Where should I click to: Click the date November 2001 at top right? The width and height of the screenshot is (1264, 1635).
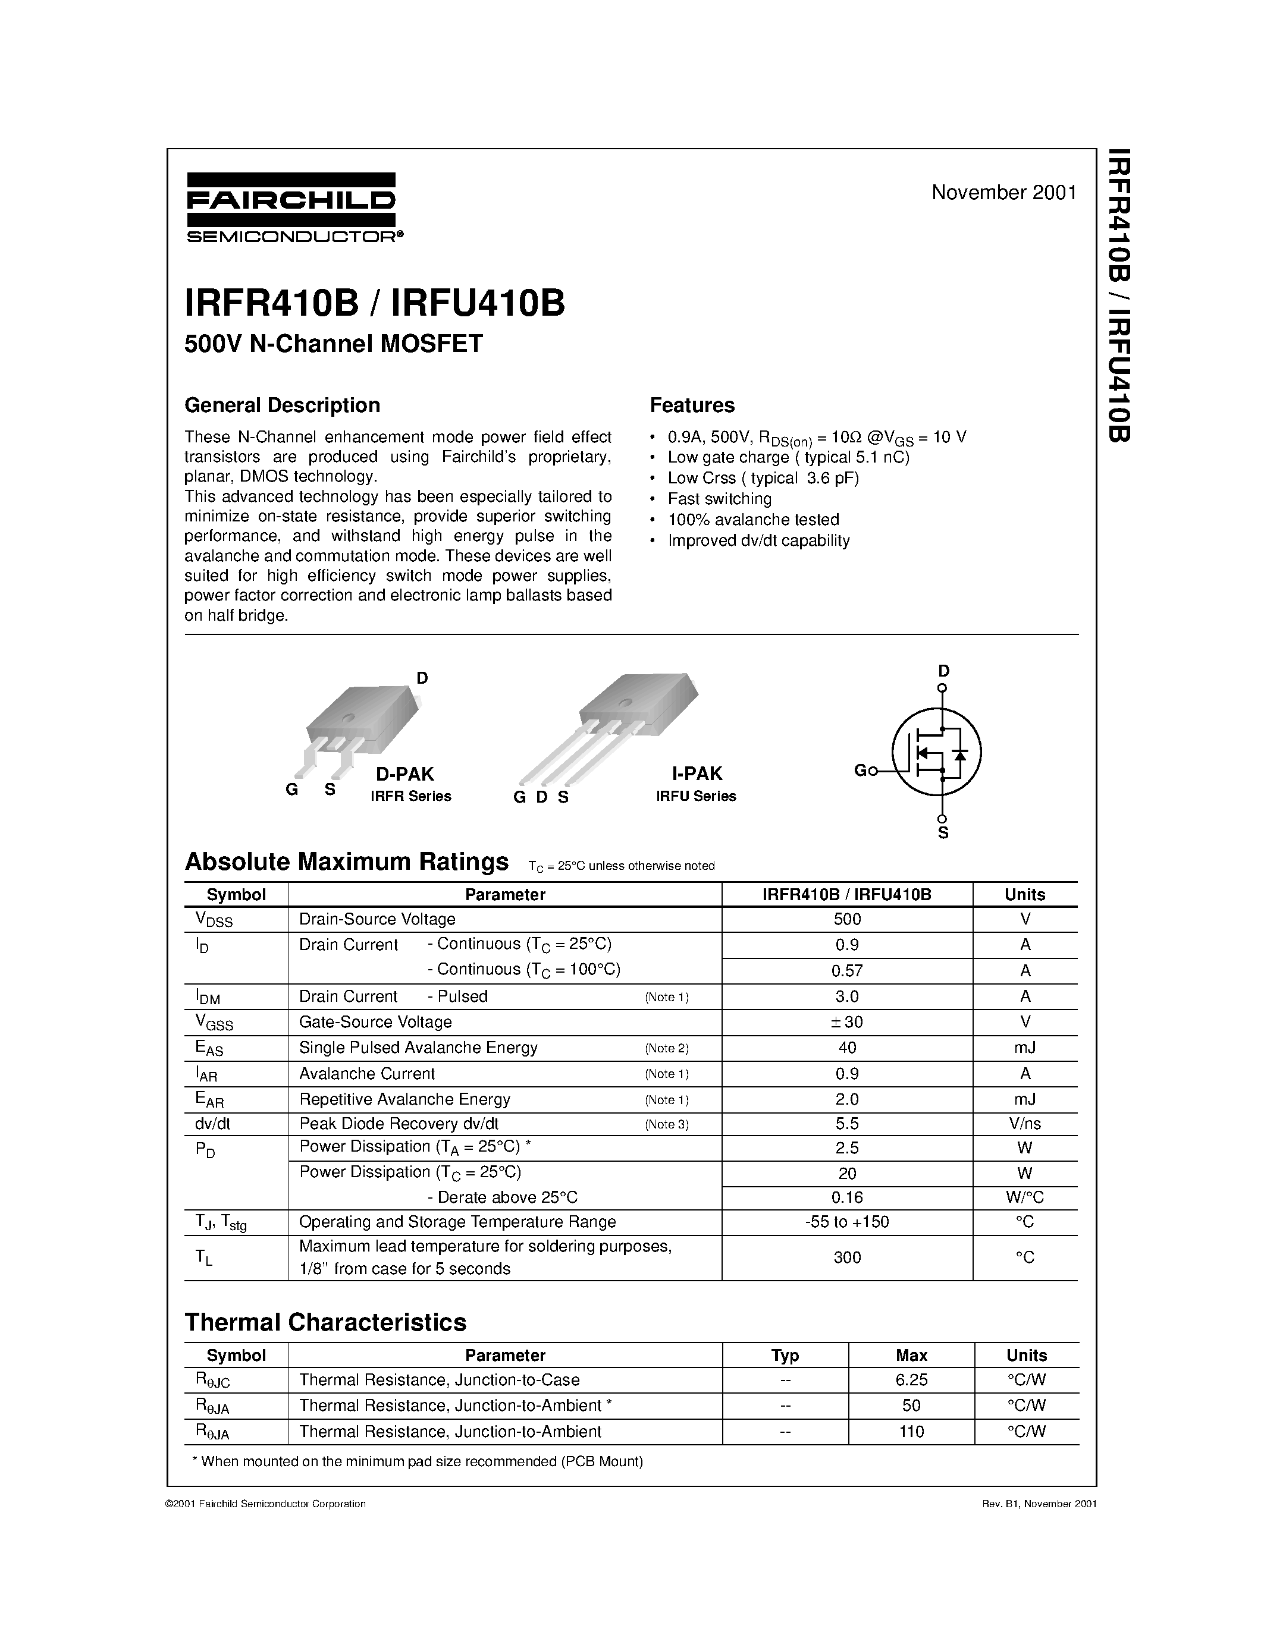(1003, 193)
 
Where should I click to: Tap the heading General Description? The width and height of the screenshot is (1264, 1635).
(283, 405)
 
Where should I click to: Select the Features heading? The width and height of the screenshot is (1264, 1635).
(692, 405)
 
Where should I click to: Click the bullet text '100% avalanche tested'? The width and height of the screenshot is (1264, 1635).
(753, 520)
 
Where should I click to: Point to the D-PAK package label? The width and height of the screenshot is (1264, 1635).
(404, 774)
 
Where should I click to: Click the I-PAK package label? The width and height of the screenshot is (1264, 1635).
(697, 774)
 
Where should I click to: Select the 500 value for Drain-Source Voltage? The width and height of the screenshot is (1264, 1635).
(847, 919)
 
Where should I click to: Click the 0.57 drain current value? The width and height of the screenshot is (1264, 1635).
(847, 971)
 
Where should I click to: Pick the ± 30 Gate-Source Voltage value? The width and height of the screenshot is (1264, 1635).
(847, 1022)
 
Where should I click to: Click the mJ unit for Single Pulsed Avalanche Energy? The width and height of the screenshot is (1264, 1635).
(1024, 1048)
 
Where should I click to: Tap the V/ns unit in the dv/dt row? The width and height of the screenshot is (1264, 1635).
(1024, 1124)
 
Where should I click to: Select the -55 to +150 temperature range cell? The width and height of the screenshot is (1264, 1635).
(847, 1222)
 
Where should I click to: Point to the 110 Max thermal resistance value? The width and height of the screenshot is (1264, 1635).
(911, 1432)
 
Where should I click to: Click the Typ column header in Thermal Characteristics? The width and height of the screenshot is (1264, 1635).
(785, 1355)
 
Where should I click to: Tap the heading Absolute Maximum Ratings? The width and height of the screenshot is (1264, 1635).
(346, 861)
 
